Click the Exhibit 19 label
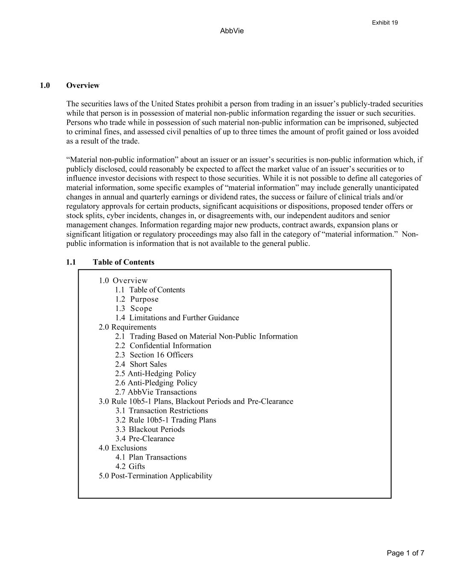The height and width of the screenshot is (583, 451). point(385,23)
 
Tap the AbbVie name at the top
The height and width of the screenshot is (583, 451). point(232,31)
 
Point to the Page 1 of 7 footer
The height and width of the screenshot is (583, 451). point(405,553)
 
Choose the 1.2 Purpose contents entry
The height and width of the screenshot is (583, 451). point(137,299)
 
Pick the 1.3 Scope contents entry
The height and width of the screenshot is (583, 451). point(133,308)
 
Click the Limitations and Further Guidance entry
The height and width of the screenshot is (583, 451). point(177,318)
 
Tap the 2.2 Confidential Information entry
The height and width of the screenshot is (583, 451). point(163,346)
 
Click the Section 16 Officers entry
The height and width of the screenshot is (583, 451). point(154,355)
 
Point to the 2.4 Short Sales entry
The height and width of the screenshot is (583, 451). point(141,364)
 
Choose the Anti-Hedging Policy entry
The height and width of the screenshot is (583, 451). point(156,374)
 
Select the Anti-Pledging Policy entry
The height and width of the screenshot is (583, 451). point(156,383)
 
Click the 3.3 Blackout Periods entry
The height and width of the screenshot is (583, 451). point(150,429)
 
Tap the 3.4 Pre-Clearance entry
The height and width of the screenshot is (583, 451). point(145,439)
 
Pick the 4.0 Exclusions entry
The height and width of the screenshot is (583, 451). point(123,448)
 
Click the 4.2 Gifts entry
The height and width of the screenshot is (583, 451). point(130,466)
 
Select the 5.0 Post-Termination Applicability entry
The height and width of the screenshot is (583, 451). point(155,476)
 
